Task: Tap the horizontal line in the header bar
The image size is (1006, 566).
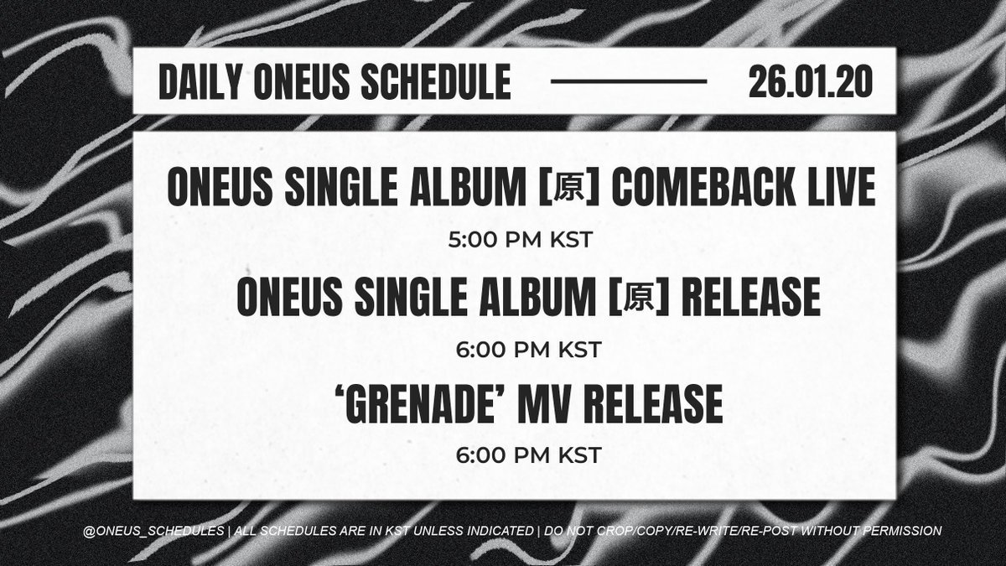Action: point(629,82)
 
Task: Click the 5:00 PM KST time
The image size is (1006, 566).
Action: point(521,240)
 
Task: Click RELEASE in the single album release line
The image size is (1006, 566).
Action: point(751,298)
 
